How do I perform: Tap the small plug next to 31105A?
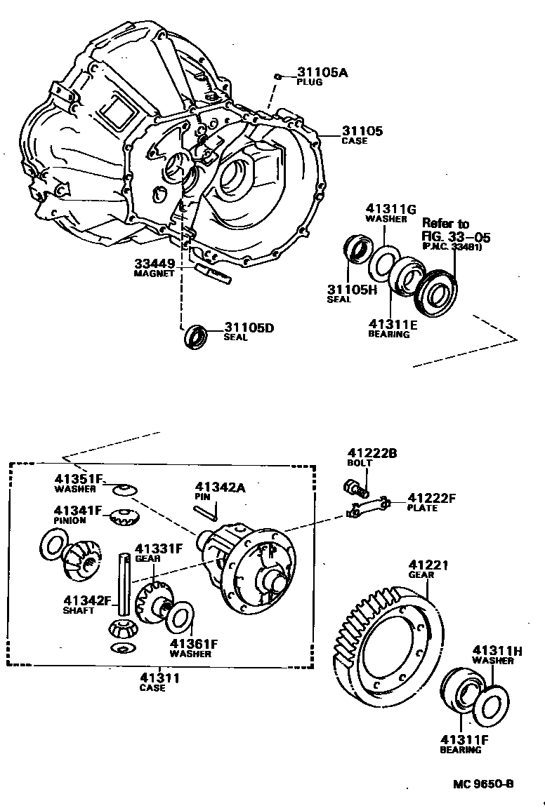[279, 75]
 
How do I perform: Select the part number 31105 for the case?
[362, 130]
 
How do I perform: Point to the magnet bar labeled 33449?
[213, 274]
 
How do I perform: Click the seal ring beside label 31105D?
[196, 337]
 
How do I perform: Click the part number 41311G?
[390, 208]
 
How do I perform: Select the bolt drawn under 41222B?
[354, 486]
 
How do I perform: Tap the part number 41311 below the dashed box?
[159, 678]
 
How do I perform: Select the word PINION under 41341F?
[70, 520]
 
